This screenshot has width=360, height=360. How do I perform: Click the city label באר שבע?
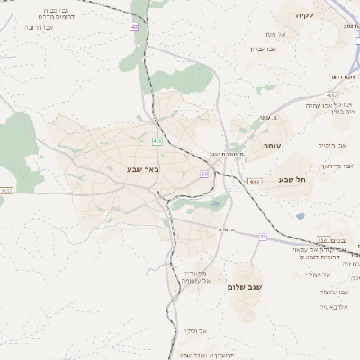click(x=143, y=168)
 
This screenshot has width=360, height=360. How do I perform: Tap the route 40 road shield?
click(x=133, y=27)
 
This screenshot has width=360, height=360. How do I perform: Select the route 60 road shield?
click(x=205, y=174)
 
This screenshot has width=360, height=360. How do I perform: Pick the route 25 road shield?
click(x=263, y=236)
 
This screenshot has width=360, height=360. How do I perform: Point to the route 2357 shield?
click(x=6, y=191)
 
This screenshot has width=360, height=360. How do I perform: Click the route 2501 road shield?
click(x=323, y=240)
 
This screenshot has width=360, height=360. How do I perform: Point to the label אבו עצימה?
click(x=332, y=292)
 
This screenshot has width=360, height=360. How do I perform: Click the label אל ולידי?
click(x=196, y=332)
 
